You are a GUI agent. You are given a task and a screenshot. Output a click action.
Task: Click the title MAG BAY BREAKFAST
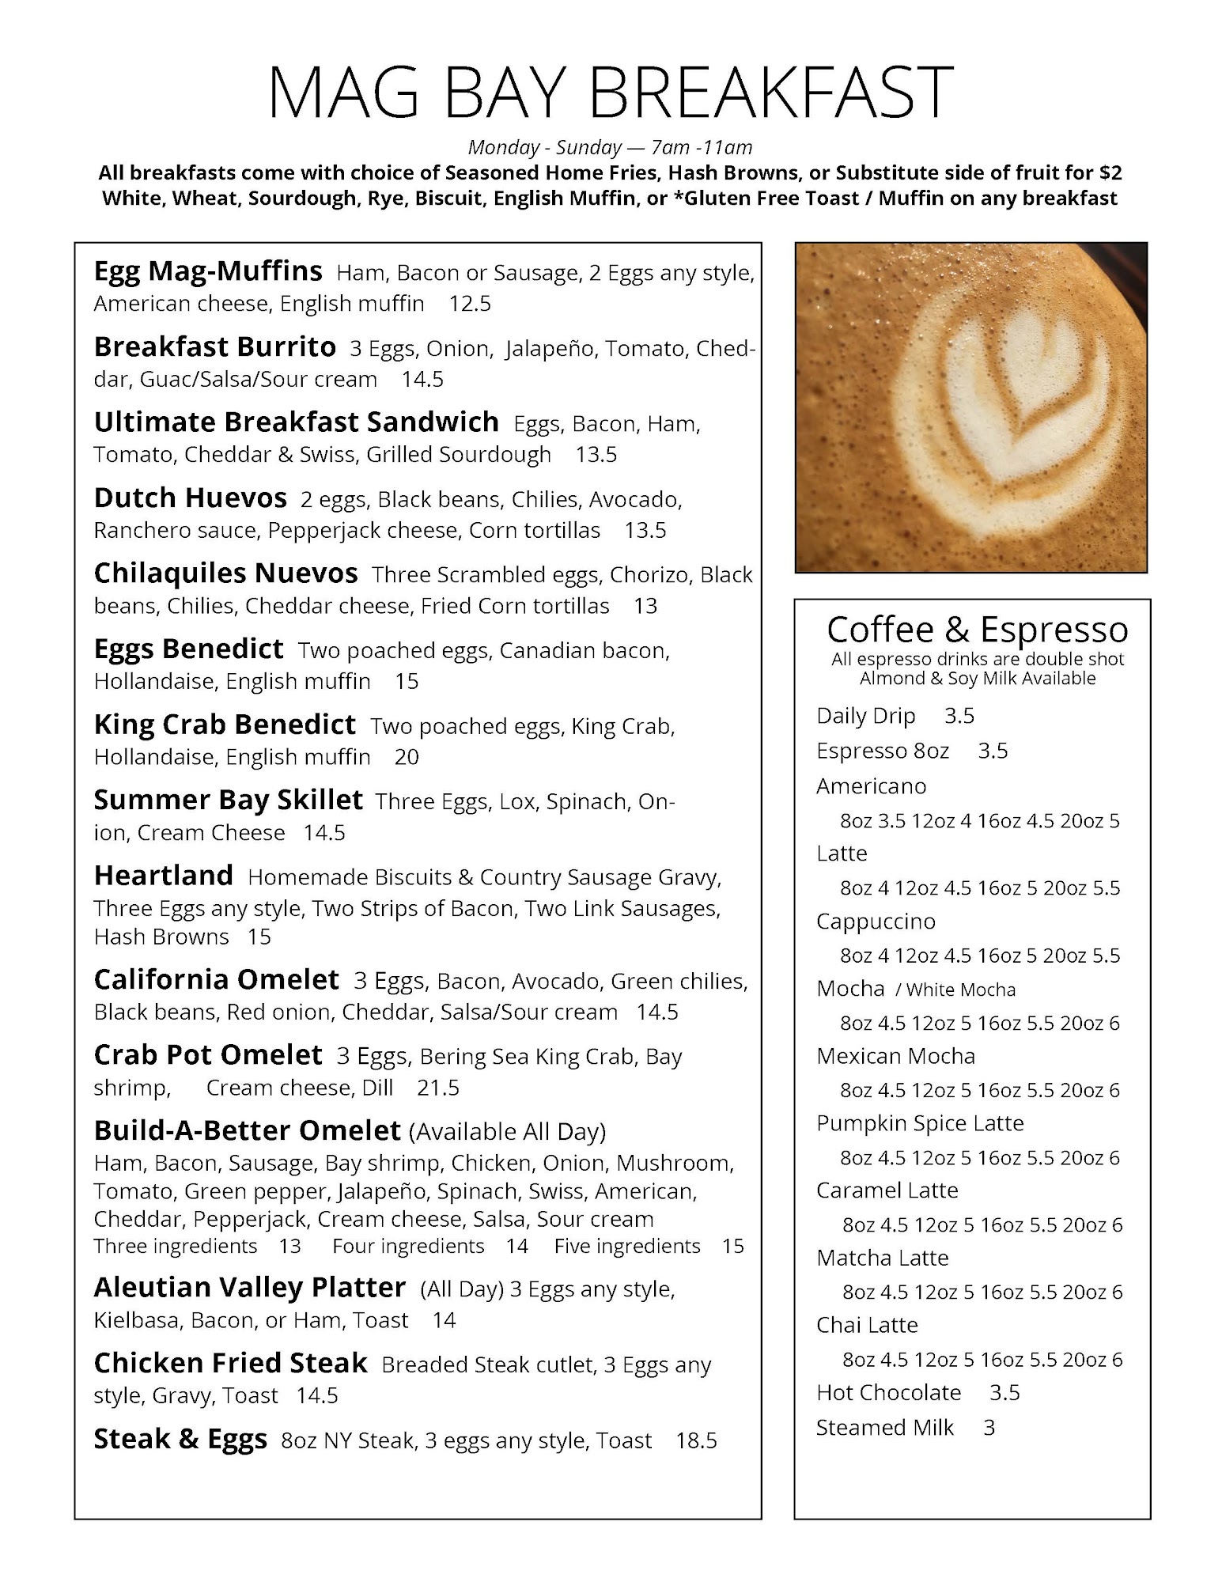point(611,93)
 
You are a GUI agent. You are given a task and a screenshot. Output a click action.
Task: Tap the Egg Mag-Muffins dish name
point(208,271)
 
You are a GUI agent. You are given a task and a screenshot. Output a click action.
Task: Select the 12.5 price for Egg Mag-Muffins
point(470,304)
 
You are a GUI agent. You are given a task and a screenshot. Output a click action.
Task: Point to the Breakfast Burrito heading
point(214,347)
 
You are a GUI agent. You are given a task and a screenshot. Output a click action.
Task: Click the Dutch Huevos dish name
point(190,498)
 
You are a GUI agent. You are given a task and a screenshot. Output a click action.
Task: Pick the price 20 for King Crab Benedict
point(407,758)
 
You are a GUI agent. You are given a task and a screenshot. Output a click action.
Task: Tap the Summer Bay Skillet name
point(228,800)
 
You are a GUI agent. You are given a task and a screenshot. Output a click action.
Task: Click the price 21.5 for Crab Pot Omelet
point(438,1088)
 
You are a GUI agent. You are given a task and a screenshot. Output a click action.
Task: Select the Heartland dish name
point(163,876)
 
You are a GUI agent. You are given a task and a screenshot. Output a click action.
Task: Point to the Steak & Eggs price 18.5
point(696,1440)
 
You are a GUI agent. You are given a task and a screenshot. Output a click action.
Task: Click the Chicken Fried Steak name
point(230,1363)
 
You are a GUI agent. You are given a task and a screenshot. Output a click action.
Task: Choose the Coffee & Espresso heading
point(978,630)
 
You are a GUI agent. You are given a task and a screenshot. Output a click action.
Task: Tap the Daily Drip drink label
point(865,716)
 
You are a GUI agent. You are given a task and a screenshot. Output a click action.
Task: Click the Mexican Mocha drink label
point(895,1056)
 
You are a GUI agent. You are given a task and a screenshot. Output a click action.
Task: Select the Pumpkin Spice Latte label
point(920,1123)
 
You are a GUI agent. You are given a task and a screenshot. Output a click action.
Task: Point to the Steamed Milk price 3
point(989,1428)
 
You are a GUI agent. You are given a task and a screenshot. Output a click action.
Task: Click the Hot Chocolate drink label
point(888,1392)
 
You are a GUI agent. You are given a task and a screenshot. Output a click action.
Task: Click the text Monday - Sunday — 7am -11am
point(610,147)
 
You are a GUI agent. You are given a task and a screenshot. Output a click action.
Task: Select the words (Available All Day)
point(507,1132)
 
